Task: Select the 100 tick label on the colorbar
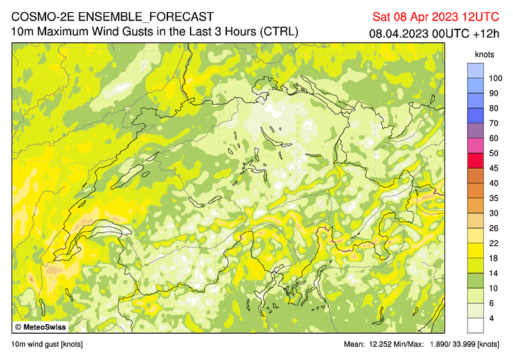tap(494, 78)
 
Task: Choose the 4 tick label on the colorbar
tap(491, 318)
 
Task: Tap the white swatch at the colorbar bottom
tap(475, 325)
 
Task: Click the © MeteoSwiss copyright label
tap(40, 327)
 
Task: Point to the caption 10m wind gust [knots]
tap(47, 345)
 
